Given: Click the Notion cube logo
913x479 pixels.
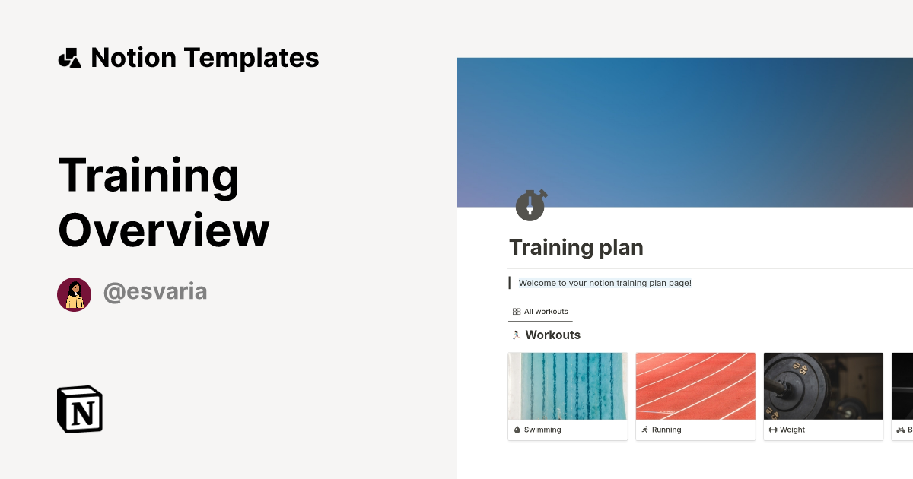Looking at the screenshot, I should click(80, 409).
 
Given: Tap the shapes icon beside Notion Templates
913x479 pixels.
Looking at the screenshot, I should click(69, 58).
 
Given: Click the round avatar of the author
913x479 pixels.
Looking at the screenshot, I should click(74, 294).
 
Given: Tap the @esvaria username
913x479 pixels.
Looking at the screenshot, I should click(155, 292).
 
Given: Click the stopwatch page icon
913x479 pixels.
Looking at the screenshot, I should click(530, 205).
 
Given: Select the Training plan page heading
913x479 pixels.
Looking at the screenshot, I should click(576, 247).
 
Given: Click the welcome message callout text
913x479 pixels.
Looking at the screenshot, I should click(605, 283).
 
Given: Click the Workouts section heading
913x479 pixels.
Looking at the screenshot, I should click(552, 335).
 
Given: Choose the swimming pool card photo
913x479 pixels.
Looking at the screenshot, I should click(568, 385).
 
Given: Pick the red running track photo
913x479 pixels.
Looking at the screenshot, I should click(695, 385).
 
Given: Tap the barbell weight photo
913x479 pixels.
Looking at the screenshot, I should click(823, 385).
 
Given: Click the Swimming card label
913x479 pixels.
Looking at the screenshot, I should click(542, 430).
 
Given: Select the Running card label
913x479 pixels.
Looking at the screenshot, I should click(666, 430).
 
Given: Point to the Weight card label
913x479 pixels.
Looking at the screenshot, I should click(792, 430).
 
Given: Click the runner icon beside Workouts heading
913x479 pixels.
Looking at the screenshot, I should click(517, 335).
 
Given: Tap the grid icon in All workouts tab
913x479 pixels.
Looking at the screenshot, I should click(517, 312).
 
